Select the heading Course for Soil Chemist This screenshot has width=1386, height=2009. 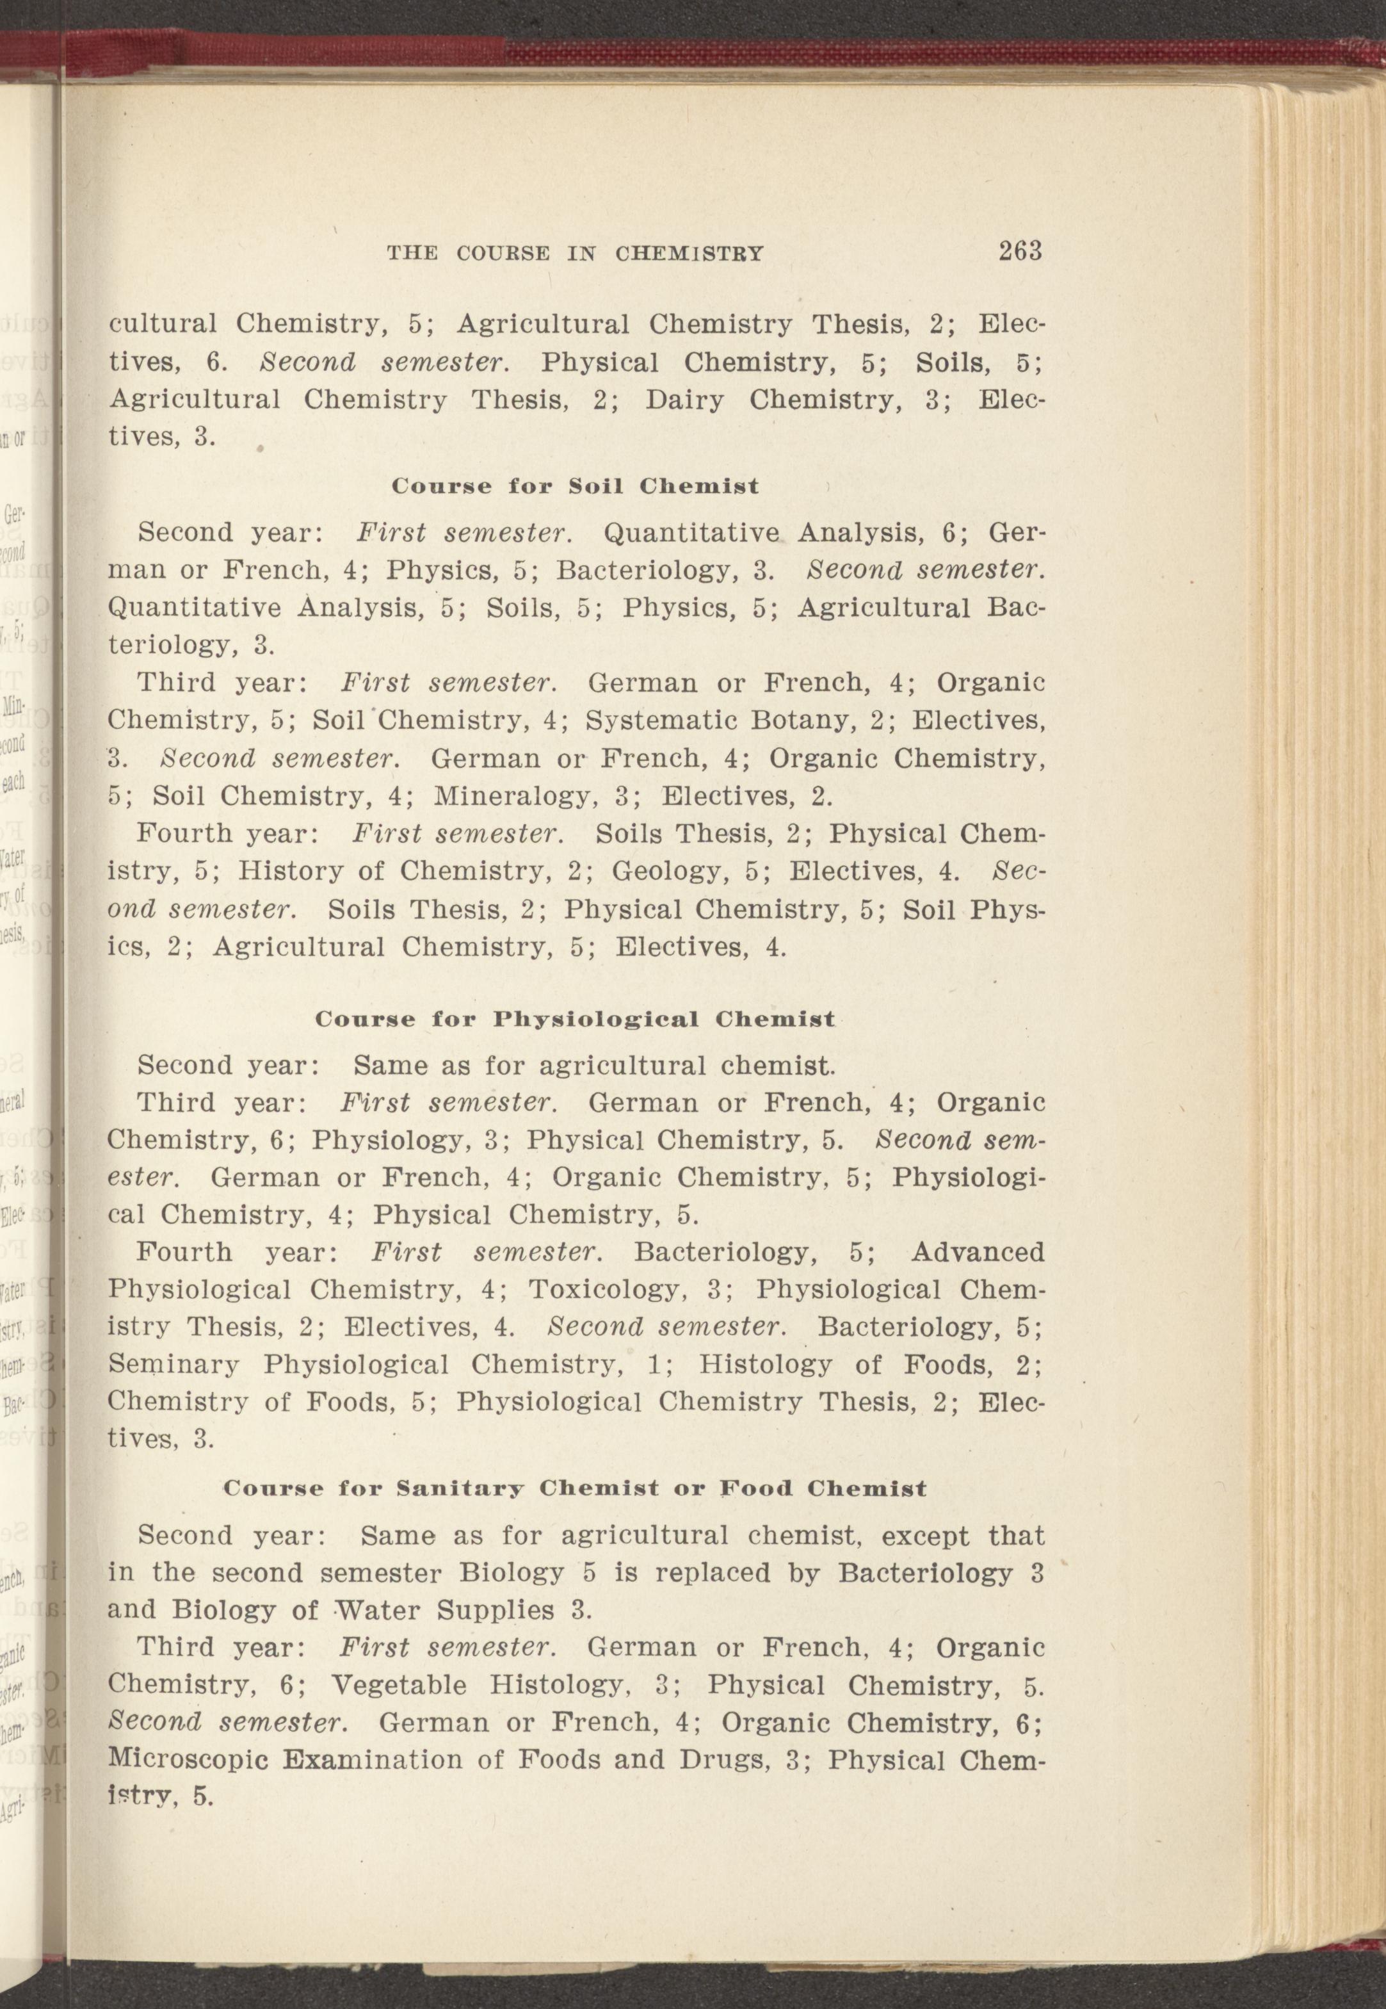coord(575,485)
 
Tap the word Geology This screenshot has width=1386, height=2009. coord(665,870)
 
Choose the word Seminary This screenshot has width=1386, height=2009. coord(173,1365)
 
